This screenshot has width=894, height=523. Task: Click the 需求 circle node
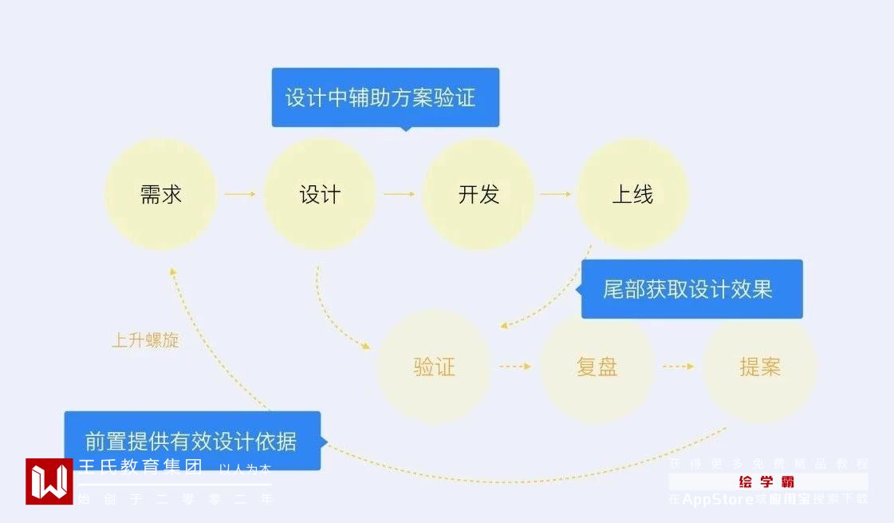[161, 194]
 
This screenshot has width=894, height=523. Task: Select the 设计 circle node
[320, 194]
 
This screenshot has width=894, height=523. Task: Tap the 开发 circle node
[478, 194]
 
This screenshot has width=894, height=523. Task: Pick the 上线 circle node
[632, 194]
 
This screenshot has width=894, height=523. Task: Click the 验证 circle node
[435, 367]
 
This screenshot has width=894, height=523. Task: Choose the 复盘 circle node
[597, 367]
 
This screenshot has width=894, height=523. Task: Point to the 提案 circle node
[760, 367]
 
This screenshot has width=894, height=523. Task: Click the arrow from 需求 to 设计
[239, 194]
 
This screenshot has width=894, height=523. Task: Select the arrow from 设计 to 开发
[399, 194]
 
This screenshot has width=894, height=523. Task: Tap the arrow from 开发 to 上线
[556, 194]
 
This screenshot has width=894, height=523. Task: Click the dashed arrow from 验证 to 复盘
[515, 367]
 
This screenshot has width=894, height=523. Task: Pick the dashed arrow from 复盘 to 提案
[679, 367]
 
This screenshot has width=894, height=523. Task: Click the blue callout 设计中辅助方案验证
[385, 97]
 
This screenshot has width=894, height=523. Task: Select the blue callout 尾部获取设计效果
[691, 289]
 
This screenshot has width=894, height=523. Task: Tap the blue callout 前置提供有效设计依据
[192, 441]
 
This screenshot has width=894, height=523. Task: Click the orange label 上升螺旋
[145, 340]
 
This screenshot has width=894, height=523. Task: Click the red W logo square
[49, 481]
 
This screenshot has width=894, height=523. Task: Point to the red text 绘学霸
[766, 481]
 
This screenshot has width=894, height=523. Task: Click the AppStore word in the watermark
[718, 500]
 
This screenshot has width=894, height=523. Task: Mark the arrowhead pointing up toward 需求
[171, 272]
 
